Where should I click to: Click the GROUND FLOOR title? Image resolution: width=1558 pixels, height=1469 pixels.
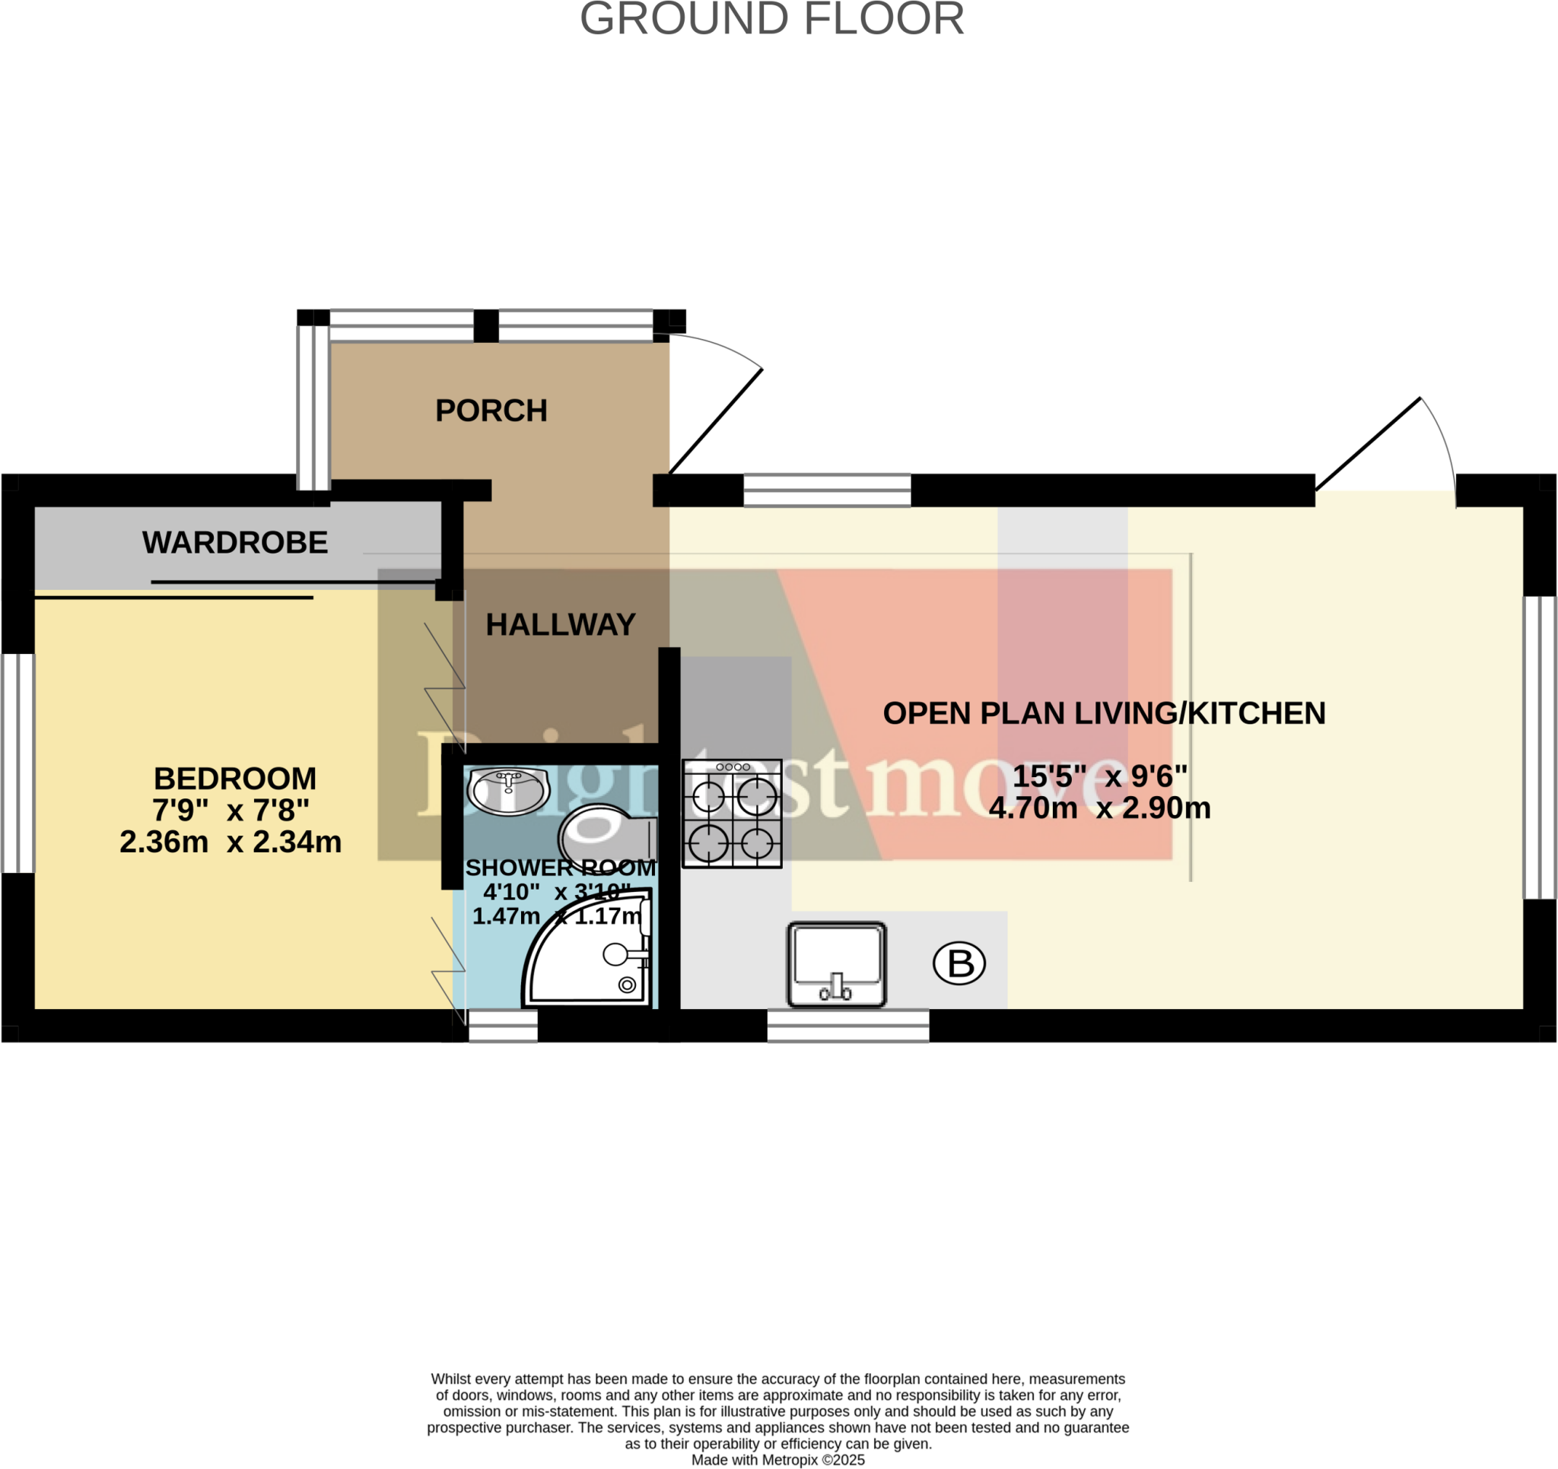point(771,19)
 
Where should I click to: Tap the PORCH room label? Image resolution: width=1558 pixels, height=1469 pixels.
point(491,411)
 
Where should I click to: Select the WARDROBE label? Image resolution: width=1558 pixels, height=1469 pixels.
point(234,542)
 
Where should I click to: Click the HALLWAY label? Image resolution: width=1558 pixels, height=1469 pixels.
point(561,624)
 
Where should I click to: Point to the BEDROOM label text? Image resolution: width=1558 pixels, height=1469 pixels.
point(234,778)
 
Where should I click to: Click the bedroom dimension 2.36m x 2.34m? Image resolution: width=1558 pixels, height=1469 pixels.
point(231,842)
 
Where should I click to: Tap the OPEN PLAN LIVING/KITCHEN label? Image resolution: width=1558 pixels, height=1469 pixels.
point(1103,713)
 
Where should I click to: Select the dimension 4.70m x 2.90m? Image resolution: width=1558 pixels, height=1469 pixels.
point(1099,807)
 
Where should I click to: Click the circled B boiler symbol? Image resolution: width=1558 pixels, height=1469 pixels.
point(959,963)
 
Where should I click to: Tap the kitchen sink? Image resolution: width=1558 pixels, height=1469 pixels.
point(836,964)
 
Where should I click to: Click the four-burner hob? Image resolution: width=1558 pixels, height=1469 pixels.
point(732,814)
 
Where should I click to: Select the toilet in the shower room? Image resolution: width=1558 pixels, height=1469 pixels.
point(607,837)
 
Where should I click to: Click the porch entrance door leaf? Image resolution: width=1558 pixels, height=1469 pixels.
point(715,421)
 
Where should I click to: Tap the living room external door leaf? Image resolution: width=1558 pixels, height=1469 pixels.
point(1368,444)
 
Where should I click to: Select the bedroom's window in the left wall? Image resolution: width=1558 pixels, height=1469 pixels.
point(17,763)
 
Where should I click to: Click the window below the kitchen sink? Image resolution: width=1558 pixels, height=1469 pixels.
point(848,1026)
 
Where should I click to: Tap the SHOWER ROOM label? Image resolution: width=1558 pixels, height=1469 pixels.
point(561,868)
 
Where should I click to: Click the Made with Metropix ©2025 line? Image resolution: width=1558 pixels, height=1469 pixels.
point(777,1460)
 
